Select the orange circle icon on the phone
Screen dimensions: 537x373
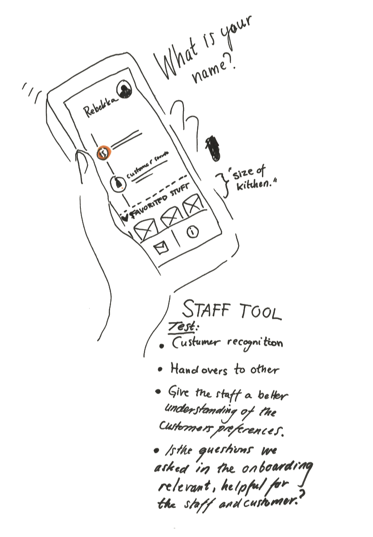click(x=104, y=152)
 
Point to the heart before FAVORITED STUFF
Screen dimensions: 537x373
click(x=125, y=217)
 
